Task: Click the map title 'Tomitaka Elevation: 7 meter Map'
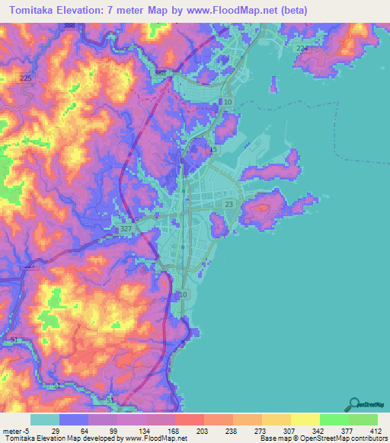click(99, 11)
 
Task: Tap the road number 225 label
click(27, 78)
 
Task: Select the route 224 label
click(302, 48)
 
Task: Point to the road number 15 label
click(213, 150)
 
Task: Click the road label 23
click(229, 204)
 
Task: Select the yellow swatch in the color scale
click(305, 419)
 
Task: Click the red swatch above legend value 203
click(189, 419)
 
